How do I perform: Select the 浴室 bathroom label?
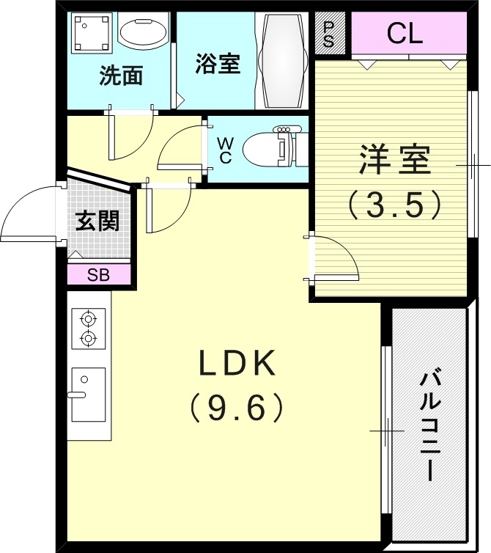[218, 65]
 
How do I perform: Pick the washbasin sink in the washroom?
[144, 33]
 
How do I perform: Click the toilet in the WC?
[267, 147]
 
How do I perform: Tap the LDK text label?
[238, 364]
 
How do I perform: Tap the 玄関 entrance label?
[97, 221]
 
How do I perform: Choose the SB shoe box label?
[98, 275]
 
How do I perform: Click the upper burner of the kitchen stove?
[89, 319]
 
